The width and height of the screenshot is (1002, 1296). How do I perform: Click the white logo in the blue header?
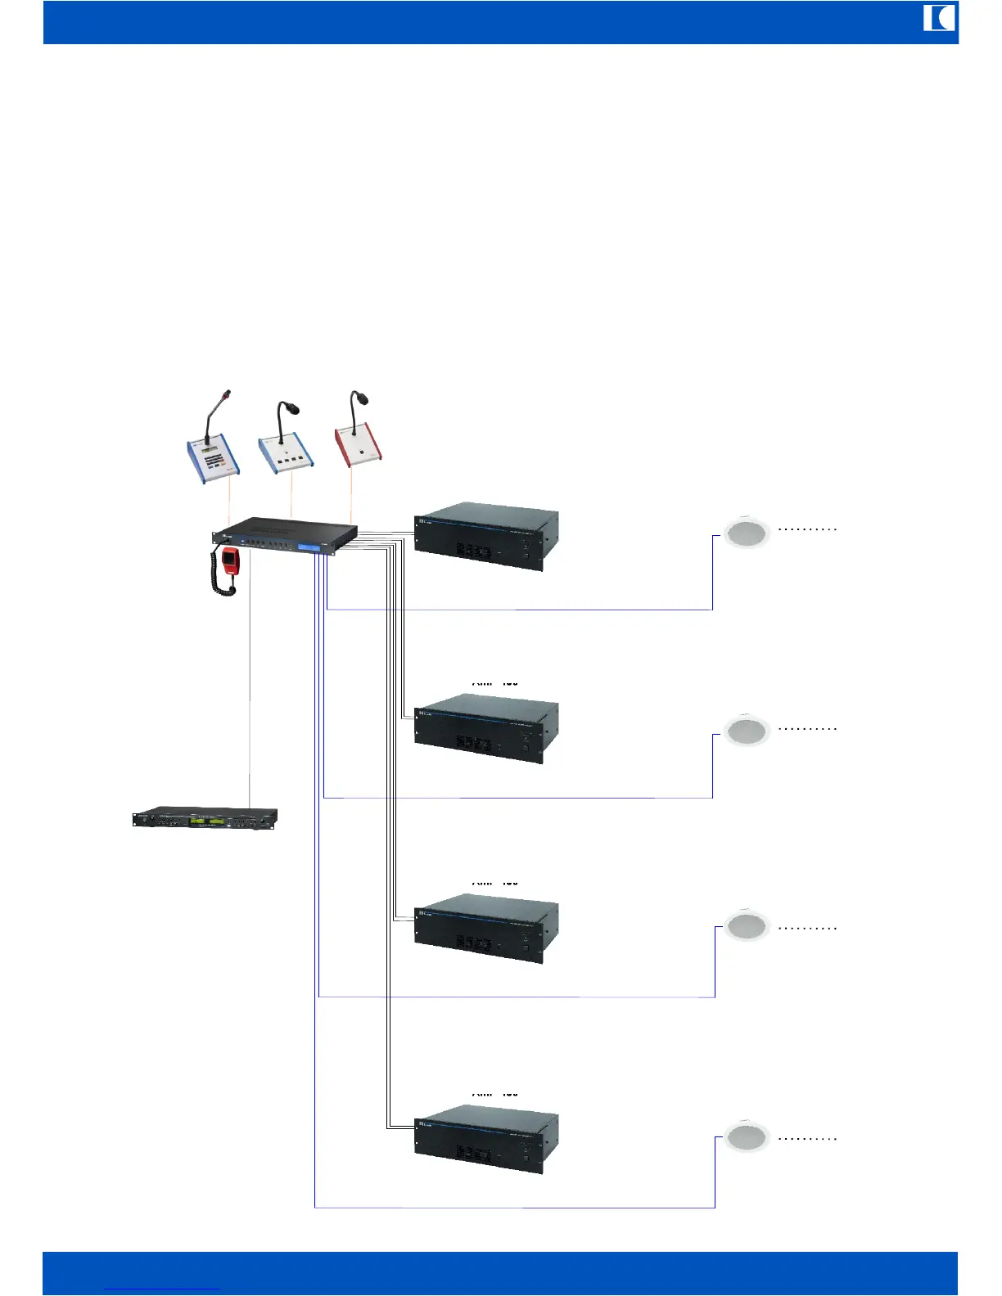pos(939,18)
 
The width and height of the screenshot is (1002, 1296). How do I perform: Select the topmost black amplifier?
pos(486,537)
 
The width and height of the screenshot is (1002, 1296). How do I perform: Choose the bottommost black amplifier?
pos(486,1139)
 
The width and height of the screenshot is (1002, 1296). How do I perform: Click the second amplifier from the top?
pos(486,728)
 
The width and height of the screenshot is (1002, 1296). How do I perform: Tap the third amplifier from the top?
pos(486,928)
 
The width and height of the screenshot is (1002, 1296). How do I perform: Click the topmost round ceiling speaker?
pos(747,533)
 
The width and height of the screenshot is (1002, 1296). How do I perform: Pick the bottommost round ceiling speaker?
pos(747,1137)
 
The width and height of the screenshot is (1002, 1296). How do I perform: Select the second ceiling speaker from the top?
pos(747,731)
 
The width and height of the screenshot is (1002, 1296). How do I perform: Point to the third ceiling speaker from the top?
pos(747,927)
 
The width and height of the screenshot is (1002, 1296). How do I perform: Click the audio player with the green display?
pos(205,818)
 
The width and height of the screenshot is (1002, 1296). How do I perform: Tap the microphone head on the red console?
pos(361,398)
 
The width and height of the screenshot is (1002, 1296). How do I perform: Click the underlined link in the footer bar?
pos(162,1289)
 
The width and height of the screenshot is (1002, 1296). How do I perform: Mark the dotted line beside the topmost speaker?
pos(807,529)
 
